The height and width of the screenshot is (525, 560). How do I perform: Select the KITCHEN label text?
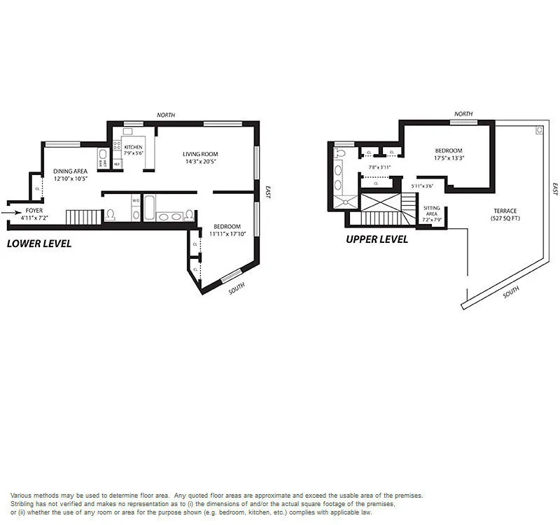(x=133, y=147)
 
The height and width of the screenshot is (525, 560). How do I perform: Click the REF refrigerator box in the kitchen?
(x=117, y=164)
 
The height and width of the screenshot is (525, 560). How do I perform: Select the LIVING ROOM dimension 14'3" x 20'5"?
(x=201, y=162)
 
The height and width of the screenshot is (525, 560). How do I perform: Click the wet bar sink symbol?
(x=102, y=154)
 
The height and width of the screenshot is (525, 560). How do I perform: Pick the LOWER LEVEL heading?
(x=38, y=244)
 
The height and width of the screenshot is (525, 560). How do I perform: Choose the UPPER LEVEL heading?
(x=377, y=239)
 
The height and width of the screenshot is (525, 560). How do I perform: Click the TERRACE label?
(x=505, y=211)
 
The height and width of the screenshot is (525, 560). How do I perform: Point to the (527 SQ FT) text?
(x=505, y=218)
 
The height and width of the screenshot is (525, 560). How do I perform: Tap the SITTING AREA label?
(x=430, y=211)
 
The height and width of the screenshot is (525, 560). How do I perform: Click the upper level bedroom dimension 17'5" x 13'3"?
(x=448, y=158)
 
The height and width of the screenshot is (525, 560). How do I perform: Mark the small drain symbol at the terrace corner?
(x=539, y=129)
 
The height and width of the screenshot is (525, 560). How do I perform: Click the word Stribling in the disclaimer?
(x=23, y=504)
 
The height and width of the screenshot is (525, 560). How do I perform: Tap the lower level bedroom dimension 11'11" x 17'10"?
(x=227, y=234)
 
